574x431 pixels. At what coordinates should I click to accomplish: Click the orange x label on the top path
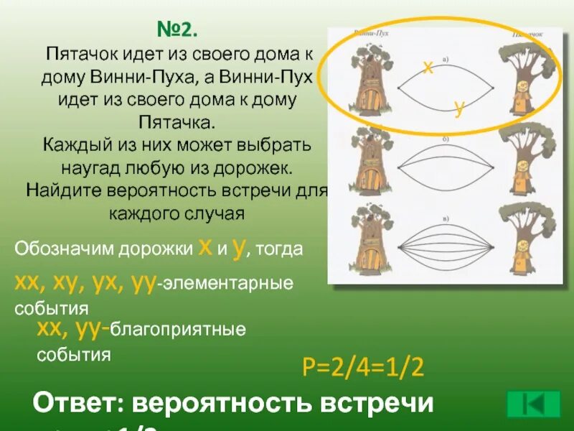(x=427, y=68)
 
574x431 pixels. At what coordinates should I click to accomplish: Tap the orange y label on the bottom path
(x=460, y=108)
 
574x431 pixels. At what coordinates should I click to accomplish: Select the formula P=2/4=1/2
(x=364, y=369)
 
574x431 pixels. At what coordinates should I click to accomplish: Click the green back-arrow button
(x=533, y=403)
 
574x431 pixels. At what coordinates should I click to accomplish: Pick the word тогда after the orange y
(x=279, y=250)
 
